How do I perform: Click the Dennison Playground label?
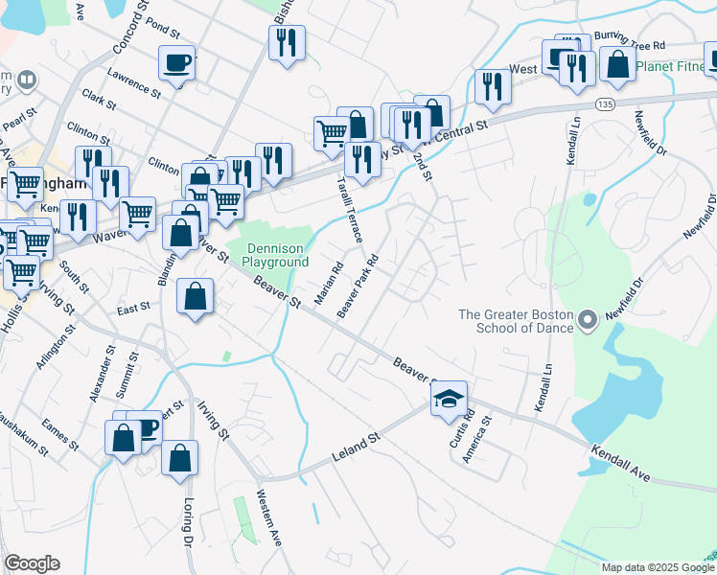[x=275, y=253]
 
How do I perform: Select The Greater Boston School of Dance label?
[x=516, y=321]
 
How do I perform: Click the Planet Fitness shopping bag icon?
[x=618, y=65]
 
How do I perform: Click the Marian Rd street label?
[x=329, y=280]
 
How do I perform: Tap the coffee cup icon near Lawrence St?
[x=176, y=63]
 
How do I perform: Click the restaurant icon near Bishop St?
[x=287, y=42]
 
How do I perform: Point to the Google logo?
[x=32, y=563]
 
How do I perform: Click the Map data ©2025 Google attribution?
[x=658, y=567]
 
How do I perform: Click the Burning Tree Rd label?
[x=629, y=44]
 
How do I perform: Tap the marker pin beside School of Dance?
[x=588, y=318]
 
